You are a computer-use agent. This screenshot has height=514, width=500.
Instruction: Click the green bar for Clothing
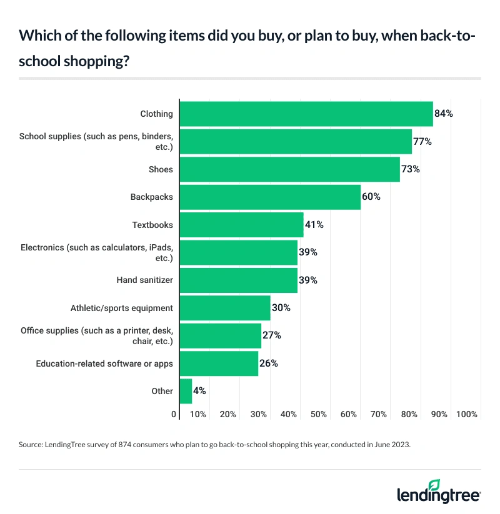point(306,114)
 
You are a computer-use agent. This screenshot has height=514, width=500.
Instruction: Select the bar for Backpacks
point(270,197)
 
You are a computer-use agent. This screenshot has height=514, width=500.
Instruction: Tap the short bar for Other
point(186,391)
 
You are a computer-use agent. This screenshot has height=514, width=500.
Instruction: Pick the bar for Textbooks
point(241,225)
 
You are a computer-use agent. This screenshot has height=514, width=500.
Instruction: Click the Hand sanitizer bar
point(238,280)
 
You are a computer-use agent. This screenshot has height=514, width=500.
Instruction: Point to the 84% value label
point(443,114)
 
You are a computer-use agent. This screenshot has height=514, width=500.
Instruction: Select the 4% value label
point(199,391)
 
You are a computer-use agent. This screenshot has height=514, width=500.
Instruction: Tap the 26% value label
point(268,363)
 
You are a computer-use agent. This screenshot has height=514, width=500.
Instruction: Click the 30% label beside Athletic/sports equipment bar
point(281,308)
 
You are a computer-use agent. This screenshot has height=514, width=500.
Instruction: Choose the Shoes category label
point(161,169)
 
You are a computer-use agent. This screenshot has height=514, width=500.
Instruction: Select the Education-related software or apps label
point(104,363)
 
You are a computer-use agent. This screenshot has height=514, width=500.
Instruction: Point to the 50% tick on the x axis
point(319,414)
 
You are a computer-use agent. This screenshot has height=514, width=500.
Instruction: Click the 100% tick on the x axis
point(467,414)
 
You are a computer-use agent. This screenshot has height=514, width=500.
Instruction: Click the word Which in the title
point(37,36)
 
